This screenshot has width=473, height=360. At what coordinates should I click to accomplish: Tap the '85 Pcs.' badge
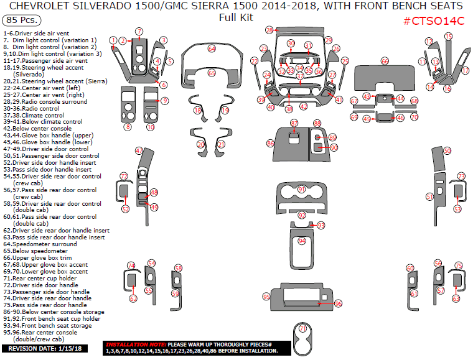point(22,21)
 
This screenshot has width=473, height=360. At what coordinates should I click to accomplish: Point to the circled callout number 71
point(303,328)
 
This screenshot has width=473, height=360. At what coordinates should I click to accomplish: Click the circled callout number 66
point(385,61)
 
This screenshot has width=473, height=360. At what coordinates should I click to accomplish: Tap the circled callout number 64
point(212,48)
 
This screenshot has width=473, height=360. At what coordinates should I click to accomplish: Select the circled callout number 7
point(139,31)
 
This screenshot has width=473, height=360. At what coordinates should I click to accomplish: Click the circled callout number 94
point(302,241)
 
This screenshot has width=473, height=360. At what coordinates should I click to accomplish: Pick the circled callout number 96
point(339,303)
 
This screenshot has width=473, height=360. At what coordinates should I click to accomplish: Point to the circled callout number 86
point(270,143)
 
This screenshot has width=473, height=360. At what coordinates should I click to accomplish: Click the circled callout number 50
point(447,151)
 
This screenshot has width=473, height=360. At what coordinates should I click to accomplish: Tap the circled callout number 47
point(139,151)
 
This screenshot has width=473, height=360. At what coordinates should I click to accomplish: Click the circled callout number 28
point(269,30)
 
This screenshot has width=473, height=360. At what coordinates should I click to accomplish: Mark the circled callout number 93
point(321,225)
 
